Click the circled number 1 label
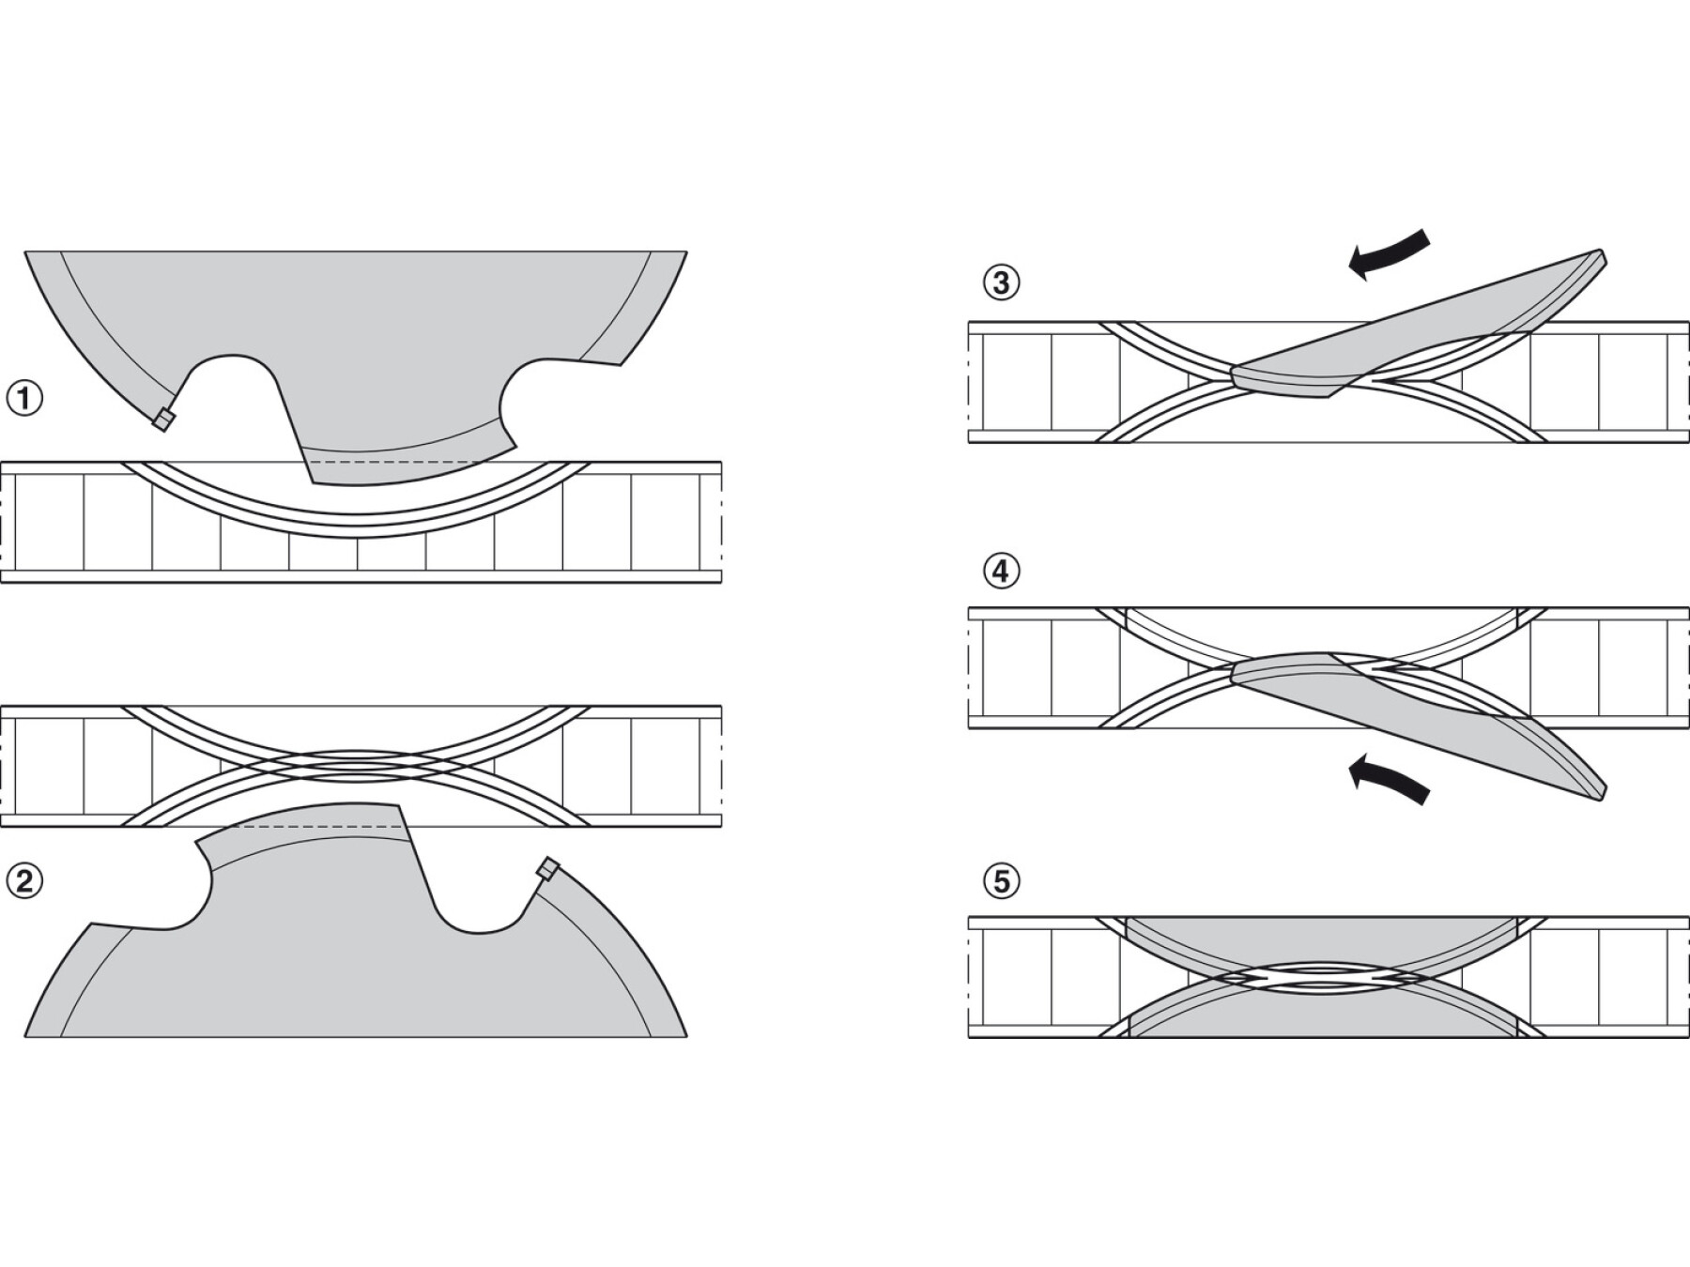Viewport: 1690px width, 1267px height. [24, 398]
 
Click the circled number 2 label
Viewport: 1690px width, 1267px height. [24, 880]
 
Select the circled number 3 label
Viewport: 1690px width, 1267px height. [1001, 282]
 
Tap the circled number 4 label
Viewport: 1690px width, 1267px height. [1001, 571]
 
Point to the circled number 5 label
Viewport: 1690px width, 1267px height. [1001, 881]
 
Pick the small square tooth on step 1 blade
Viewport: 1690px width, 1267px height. [163, 420]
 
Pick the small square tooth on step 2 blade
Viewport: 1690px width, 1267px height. [547, 868]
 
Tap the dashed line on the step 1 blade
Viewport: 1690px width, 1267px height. [394, 462]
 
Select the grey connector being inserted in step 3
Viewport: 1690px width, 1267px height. [1408, 328]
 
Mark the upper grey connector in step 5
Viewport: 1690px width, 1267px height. [1322, 943]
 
